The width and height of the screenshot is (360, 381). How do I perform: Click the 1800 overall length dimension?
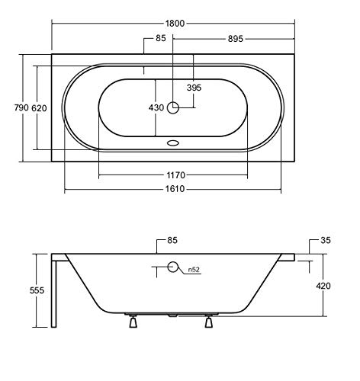[175, 24]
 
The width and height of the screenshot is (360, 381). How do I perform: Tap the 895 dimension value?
[236, 39]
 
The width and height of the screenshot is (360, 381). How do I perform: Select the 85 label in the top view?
[161, 38]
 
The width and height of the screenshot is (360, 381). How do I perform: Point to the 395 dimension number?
[194, 88]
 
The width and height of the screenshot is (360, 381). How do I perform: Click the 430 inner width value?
[156, 107]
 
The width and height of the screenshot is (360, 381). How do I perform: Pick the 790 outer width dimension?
[21, 107]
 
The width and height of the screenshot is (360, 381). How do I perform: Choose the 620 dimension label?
[39, 108]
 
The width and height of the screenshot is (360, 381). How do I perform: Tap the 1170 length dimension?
[175, 175]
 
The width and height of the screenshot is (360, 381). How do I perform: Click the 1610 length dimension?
[175, 189]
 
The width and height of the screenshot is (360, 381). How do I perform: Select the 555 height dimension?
[37, 290]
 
